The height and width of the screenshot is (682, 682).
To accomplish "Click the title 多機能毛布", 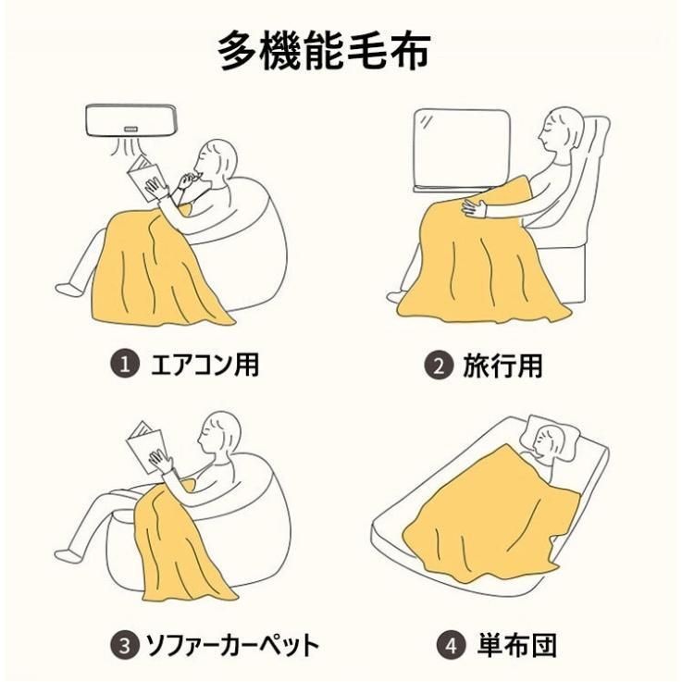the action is tap(325, 50).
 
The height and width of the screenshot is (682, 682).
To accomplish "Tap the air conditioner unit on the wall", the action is tap(130, 120).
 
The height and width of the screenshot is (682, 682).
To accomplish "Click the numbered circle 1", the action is tap(125, 364).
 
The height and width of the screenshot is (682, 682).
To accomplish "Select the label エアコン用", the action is tap(205, 365).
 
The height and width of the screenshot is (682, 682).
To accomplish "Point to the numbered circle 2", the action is tap(439, 366).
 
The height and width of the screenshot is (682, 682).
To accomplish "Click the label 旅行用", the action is tap(502, 366).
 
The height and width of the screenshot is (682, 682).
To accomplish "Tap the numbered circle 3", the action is tap(125, 645).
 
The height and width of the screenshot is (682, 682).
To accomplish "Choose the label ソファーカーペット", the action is tap(231, 646).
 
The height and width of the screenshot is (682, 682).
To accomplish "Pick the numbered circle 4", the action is tap(452, 646).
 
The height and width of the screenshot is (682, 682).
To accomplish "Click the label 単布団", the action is tap(516, 646).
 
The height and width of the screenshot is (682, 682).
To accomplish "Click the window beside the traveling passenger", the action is tap(462, 149).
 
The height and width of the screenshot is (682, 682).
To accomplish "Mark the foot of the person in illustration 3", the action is tap(66, 555).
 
